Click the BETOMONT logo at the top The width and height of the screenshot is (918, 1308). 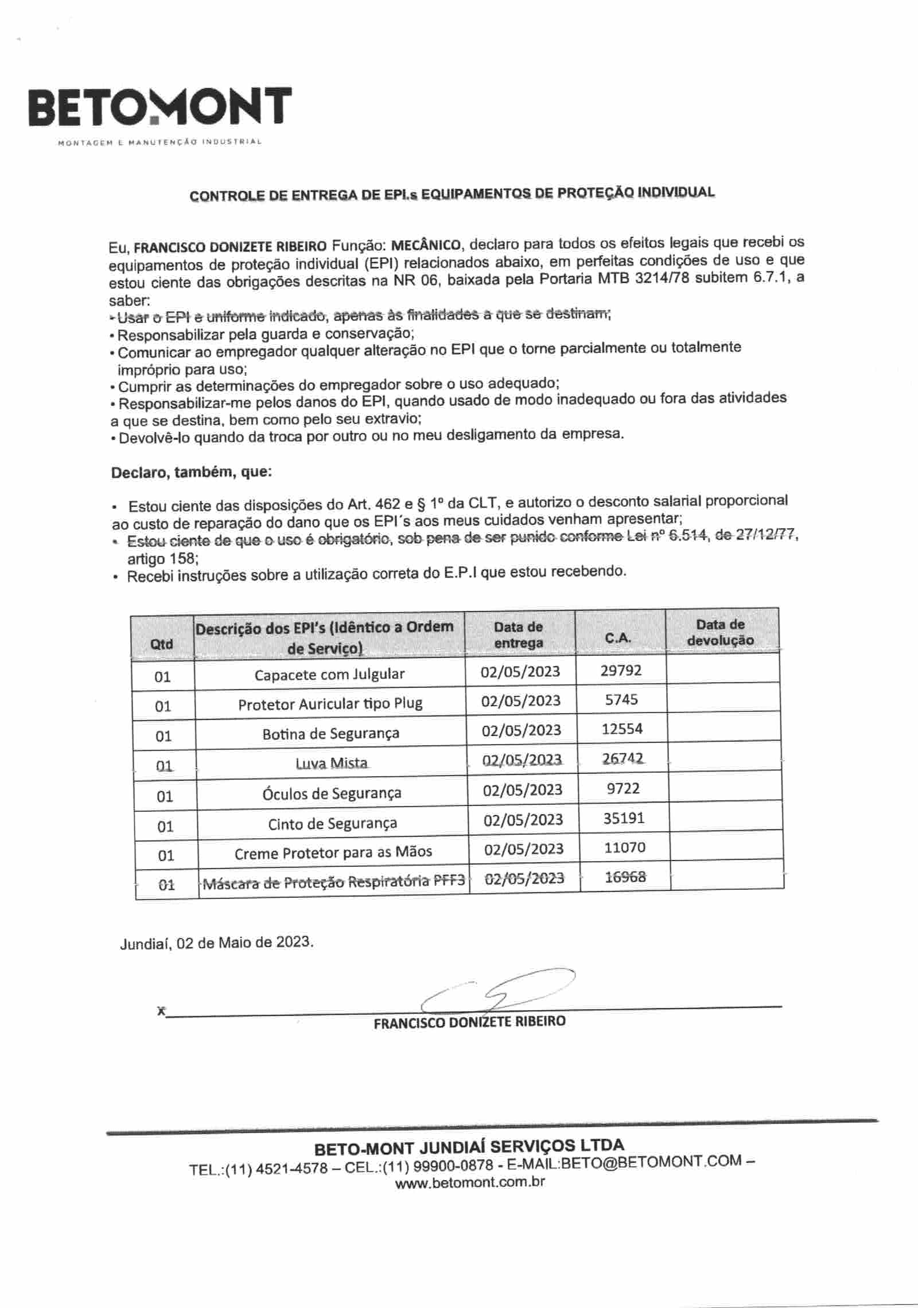pyautogui.click(x=160, y=108)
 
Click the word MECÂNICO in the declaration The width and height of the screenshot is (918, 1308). pyautogui.click(x=425, y=246)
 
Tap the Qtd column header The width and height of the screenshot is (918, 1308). pyautogui.click(x=161, y=644)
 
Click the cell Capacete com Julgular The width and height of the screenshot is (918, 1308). pyautogui.click(x=329, y=674)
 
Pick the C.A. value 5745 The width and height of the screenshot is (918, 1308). pyautogui.click(x=621, y=699)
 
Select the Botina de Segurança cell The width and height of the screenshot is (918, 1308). pyautogui.click(x=330, y=734)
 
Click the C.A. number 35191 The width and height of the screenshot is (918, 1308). pyautogui.click(x=624, y=818)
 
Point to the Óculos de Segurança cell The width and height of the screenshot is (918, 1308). pyautogui.click(x=332, y=793)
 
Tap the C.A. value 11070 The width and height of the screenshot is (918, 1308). pyautogui.click(x=624, y=847)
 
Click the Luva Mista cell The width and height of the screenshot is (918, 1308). pyautogui.click(x=331, y=763)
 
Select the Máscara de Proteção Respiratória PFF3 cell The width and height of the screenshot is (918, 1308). pyautogui.click(x=333, y=882)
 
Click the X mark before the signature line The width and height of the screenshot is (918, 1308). pyautogui.click(x=161, y=1011)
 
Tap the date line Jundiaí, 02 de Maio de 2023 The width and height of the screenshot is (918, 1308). pyautogui.click(x=217, y=943)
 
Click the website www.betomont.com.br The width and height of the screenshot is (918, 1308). pyautogui.click(x=470, y=1182)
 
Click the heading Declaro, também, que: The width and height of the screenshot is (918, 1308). pyautogui.click(x=191, y=473)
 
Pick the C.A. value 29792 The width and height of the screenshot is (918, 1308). pyautogui.click(x=621, y=670)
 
